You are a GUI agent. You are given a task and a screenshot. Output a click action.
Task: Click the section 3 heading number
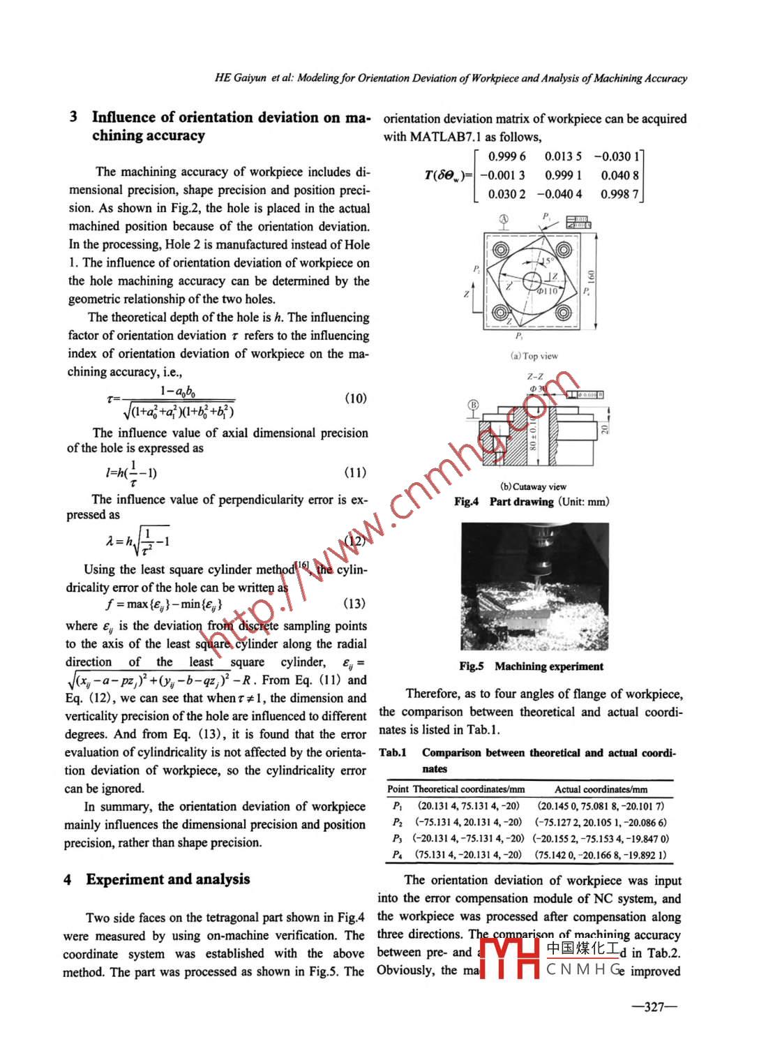73,117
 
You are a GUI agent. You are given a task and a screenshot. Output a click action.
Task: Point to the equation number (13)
354,603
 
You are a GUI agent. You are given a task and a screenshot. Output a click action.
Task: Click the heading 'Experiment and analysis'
167,879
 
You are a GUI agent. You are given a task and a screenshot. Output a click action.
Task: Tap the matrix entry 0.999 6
506,157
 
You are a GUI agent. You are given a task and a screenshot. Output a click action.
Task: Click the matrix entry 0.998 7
619,194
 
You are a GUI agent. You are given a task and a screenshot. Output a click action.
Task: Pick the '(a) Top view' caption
534,356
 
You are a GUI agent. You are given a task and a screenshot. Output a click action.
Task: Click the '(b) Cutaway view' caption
533,486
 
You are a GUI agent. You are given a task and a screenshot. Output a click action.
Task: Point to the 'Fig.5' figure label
472,666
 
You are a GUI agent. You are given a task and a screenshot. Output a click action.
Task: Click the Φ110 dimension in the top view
548,290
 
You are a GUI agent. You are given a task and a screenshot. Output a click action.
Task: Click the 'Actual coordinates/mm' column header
601,789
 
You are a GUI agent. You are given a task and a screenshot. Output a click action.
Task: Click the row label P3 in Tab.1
397,837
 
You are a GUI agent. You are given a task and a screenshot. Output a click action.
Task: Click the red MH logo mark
510,959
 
